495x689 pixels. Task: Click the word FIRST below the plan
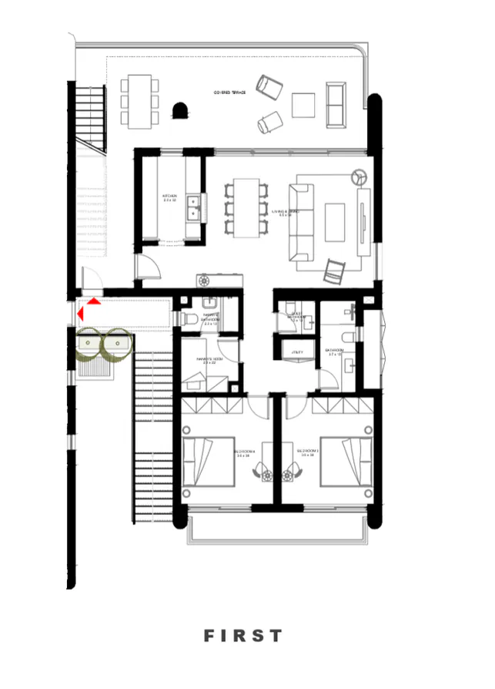click(243, 636)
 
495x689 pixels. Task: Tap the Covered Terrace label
click(229, 93)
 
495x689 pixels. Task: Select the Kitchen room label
click(169, 198)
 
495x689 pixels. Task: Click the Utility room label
click(297, 352)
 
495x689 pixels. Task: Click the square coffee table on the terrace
click(303, 105)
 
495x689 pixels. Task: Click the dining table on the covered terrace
click(139, 101)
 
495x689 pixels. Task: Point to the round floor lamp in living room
click(357, 175)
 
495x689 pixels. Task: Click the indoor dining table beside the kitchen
click(246, 208)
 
